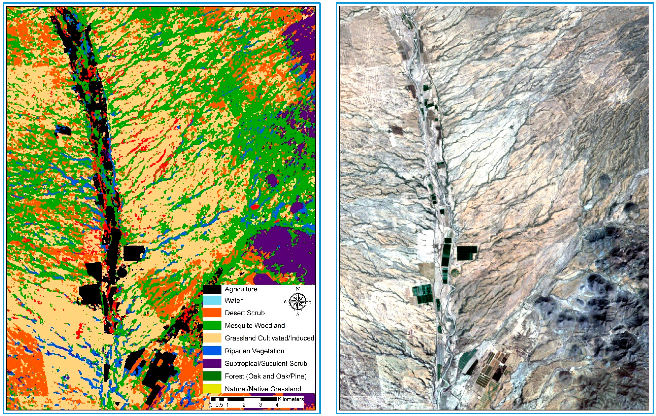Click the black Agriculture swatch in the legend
[x=212, y=289]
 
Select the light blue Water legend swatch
[x=212, y=301]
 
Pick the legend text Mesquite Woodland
[x=255, y=325]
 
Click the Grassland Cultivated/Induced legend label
[x=269, y=338]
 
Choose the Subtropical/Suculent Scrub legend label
[x=266, y=363]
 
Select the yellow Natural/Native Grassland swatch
[x=212, y=389]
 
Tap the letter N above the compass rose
[x=298, y=289]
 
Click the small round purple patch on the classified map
[x=271, y=180]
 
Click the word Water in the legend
[x=233, y=301]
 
